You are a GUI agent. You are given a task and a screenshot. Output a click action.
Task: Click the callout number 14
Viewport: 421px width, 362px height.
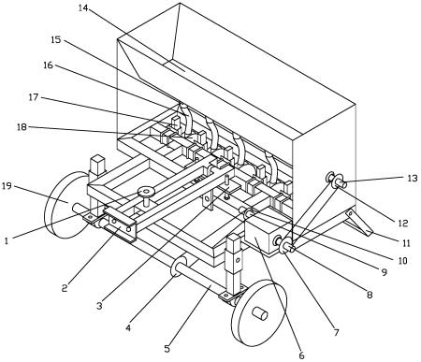[83, 8]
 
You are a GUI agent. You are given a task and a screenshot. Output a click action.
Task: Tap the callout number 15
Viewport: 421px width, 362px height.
[56, 40]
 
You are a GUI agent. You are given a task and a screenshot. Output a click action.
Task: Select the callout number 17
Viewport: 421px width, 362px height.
[34, 97]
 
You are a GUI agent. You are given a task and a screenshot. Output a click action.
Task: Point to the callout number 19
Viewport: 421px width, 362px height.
[7, 186]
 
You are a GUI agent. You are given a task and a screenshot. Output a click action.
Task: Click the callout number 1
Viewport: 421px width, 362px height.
[6, 240]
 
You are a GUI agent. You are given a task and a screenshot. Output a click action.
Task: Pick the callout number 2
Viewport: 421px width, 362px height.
[65, 288]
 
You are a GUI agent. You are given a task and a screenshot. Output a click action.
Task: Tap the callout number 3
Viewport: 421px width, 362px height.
[99, 306]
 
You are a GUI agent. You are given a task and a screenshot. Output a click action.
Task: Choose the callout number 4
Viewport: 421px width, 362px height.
[128, 328]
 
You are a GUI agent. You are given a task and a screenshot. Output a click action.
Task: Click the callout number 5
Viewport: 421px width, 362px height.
[167, 349]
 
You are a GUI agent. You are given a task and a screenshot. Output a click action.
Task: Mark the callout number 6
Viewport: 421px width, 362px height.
[301, 355]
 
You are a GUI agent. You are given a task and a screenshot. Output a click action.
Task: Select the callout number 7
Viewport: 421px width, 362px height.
[336, 333]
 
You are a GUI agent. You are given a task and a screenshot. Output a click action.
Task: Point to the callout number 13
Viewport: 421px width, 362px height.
[413, 179]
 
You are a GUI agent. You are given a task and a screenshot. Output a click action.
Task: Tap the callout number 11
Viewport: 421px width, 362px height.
[406, 242]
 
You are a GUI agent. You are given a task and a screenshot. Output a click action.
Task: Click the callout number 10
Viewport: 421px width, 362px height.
[403, 260]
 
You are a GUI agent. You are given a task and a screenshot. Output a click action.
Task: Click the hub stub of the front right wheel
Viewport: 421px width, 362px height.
[260, 314]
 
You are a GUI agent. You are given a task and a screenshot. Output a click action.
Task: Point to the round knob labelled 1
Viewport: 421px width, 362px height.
[146, 191]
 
